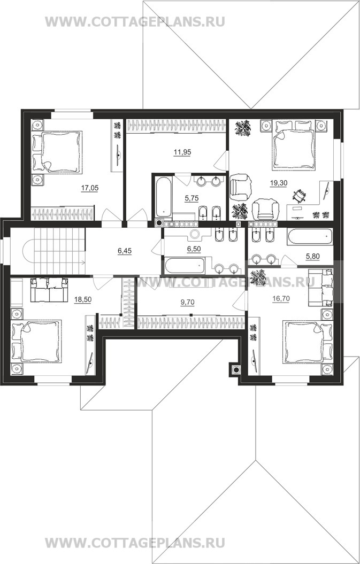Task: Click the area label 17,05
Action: pos(90,188)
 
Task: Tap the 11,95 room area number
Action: pos(182,152)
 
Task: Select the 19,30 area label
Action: pos(279,183)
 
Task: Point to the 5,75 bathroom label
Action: pos(192,198)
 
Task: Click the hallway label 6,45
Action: pos(125,251)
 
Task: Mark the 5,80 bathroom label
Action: pos(312,257)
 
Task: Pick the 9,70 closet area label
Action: pos(187,303)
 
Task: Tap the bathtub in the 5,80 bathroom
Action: pos(310,237)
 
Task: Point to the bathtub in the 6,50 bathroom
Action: pos(185,265)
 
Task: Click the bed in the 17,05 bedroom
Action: pos(57,152)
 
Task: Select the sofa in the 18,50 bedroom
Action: pos(49,290)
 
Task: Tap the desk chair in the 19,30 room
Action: pos(300,196)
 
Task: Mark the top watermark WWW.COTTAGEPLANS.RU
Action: pos(135,22)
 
